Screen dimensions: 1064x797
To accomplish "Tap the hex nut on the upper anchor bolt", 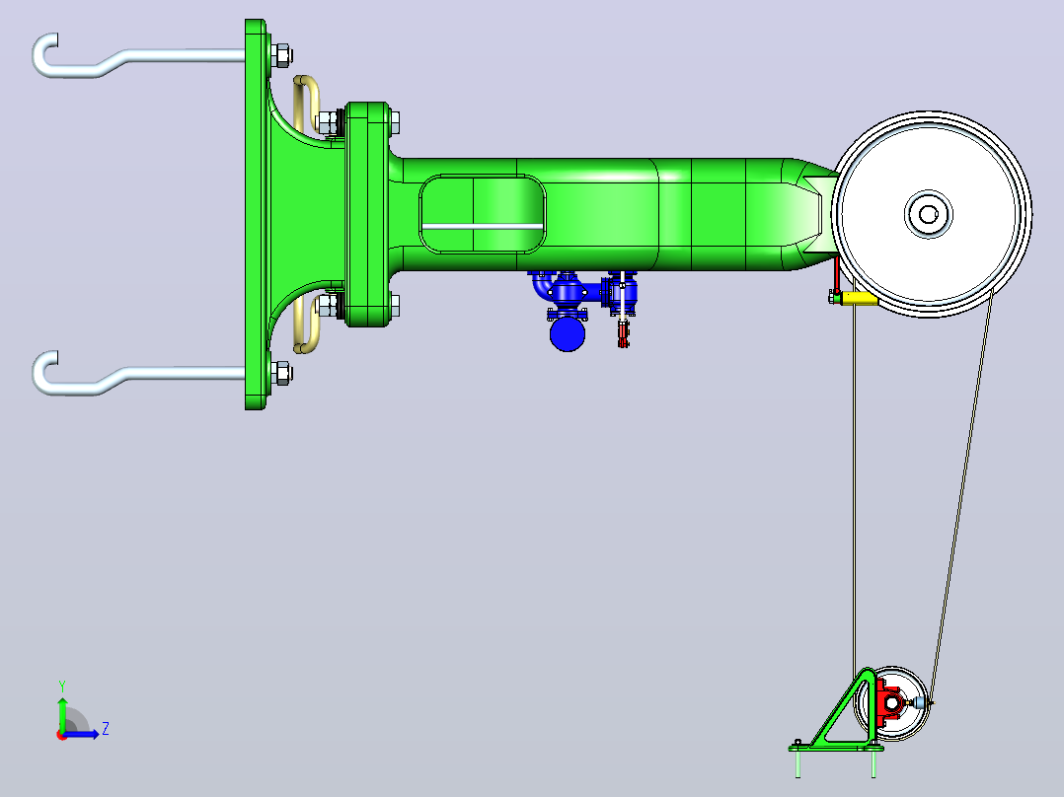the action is (x=281, y=55).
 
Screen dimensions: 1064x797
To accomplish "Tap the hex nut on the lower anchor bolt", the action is (x=281, y=373).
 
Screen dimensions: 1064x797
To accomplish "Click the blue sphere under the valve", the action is (x=568, y=334).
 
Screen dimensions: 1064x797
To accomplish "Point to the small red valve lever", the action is (x=623, y=333).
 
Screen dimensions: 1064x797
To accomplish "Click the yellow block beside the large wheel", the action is (x=859, y=299).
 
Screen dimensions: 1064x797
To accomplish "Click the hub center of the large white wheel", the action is (x=928, y=214).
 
